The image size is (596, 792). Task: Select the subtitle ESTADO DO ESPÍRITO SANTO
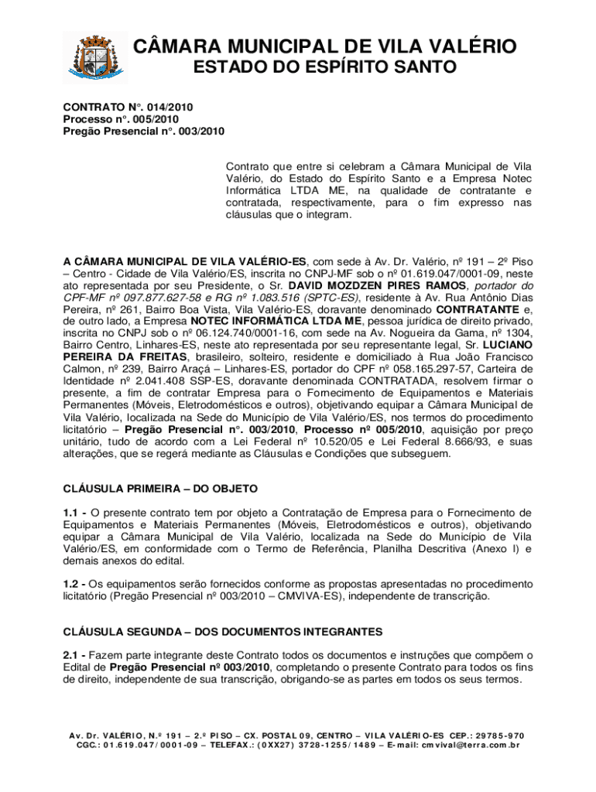324,70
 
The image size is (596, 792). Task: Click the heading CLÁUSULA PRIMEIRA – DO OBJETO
159,489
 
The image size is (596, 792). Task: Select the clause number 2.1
74,656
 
